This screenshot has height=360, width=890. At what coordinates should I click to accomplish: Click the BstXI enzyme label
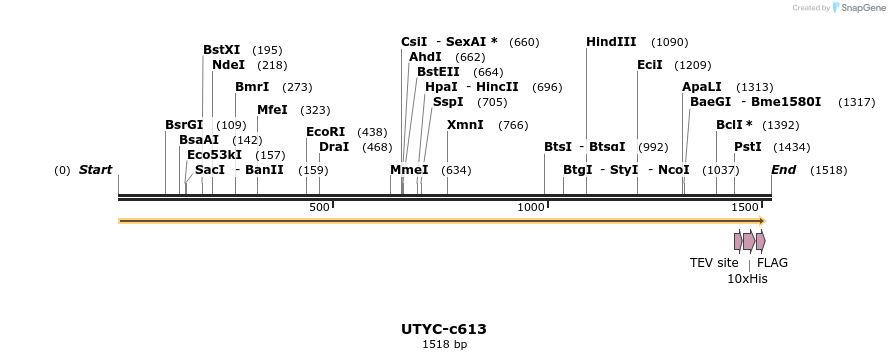pyautogui.click(x=221, y=50)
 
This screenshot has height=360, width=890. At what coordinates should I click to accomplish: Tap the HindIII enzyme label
pyautogui.click(x=611, y=42)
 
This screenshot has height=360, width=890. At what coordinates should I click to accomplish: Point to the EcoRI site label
pyautogui.click(x=325, y=132)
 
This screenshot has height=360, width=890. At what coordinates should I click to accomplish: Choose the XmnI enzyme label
pyautogui.click(x=465, y=125)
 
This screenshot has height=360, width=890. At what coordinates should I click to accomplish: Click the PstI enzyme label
pyautogui.click(x=747, y=147)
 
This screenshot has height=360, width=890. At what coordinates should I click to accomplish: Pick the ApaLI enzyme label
pyautogui.click(x=701, y=87)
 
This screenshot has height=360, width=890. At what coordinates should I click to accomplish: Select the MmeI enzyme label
pyautogui.click(x=409, y=170)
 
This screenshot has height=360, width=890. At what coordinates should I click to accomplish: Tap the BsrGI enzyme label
pyautogui.click(x=185, y=125)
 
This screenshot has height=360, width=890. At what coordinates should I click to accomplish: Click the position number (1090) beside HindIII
pyautogui.click(x=669, y=43)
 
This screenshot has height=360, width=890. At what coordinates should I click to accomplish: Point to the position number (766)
pyautogui.click(x=513, y=126)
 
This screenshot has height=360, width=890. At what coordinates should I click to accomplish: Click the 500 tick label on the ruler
pyautogui.click(x=319, y=207)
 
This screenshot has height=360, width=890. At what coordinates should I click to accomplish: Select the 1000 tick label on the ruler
pyautogui.click(x=530, y=207)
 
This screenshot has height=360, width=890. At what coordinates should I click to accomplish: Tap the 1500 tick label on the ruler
pyautogui.click(x=744, y=207)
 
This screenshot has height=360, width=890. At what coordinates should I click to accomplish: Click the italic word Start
pyautogui.click(x=95, y=170)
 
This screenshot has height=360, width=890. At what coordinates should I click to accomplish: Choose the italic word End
pyautogui.click(x=783, y=170)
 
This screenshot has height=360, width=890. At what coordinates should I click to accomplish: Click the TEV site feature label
pyautogui.click(x=714, y=263)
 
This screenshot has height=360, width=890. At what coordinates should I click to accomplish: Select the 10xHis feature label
pyautogui.click(x=747, y=279)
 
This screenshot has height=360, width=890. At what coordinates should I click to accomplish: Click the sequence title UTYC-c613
pyautogui.click(x=444, y=329)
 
